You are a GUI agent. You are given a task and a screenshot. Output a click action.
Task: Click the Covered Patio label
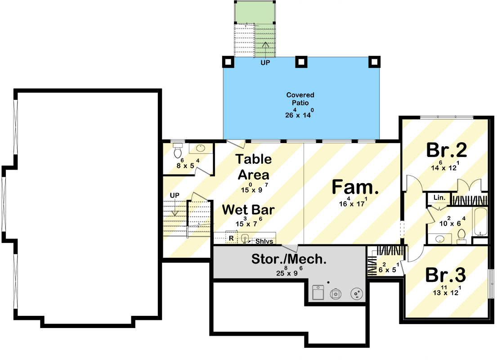pos(300,99)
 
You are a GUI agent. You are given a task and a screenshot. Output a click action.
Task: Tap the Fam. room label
pos(355,187)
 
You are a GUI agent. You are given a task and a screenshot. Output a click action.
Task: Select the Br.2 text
pos(447,150)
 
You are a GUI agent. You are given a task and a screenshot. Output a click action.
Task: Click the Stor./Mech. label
pos(288,259)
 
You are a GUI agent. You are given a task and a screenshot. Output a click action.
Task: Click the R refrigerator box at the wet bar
pos(231,238)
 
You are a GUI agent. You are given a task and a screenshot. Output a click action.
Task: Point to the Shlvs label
pos(264,242)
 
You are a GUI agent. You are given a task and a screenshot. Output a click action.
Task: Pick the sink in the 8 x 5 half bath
pos(201,148)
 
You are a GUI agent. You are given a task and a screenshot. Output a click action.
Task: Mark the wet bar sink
pos(245,238)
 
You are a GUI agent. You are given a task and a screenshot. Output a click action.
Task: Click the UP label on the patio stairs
pos(265,63)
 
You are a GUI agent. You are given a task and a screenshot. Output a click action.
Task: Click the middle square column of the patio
pos(300,62)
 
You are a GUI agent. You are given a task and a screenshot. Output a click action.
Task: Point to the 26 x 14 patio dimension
pos(299,114)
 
